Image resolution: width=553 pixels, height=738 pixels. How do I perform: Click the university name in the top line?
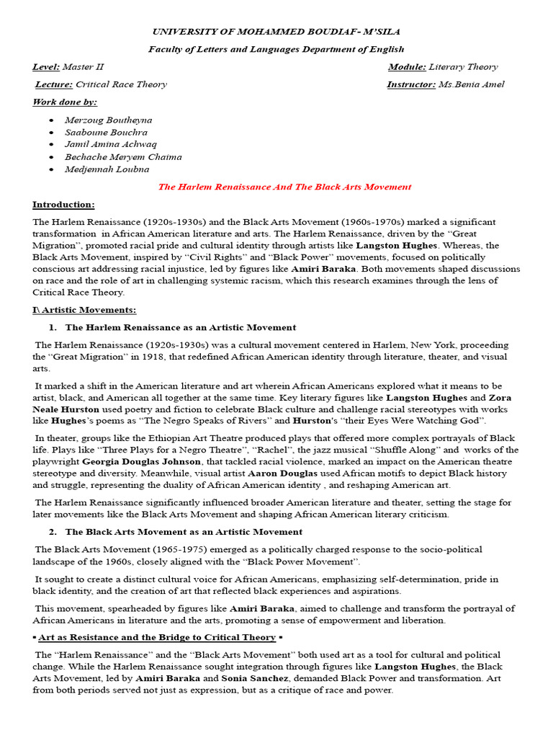276,32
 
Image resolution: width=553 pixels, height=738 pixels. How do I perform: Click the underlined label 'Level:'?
46,67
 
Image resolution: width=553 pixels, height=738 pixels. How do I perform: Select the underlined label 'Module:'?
407,67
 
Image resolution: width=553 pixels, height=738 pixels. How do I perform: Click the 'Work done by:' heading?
65,102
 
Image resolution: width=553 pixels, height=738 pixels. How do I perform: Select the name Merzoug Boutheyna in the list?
108,120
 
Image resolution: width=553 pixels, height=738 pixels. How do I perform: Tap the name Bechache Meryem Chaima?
123,156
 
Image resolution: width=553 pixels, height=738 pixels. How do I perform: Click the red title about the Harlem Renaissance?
284,187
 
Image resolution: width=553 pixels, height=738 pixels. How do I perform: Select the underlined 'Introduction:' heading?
63,205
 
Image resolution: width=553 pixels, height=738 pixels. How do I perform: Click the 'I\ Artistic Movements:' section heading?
84,310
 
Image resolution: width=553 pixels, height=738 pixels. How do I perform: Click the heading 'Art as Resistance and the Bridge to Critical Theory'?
157,637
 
